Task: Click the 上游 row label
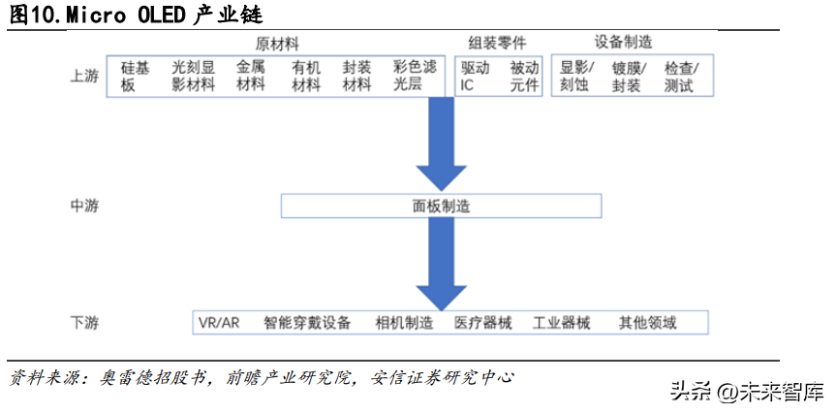tap(84, 77)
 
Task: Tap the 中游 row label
tap(84, 206)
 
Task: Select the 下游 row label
tap(84, 322)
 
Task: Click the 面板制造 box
tap(441, 206)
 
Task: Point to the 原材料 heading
tap(277, 44)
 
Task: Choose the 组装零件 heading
tap(497, 43)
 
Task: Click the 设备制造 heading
tap(623, 42)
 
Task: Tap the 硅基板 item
tap(135, 77)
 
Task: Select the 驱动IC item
tap(475, 77)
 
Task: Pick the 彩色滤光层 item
tap(415, 76)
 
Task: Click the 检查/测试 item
tap(681, 77)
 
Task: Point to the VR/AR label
tap(219, 323)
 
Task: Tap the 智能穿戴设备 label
tap(307, 323)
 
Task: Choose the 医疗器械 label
tap(483, 323)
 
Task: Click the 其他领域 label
tap(647, 323)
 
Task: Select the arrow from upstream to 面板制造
tap(441, 144)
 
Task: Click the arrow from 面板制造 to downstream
tap(441, 265)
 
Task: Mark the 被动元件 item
tap(524, 77)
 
